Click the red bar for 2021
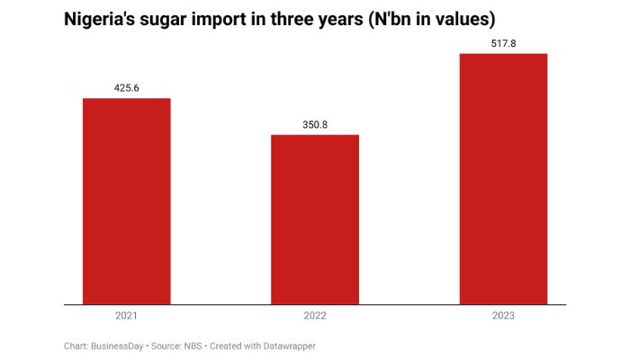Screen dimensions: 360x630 [126, 202]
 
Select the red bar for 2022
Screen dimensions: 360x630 [315, 220]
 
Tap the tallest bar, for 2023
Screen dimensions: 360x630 [503, 179]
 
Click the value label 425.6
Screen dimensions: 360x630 [126, 87]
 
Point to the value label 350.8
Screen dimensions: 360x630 [315, 124]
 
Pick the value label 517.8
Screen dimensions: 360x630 [503, 42]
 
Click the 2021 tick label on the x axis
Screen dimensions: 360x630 [126, 316]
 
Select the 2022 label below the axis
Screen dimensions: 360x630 [315, 316]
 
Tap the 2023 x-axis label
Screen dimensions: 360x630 [503, 316]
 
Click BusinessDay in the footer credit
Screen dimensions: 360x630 [121, 346]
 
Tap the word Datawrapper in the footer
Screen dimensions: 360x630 [286, 346]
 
